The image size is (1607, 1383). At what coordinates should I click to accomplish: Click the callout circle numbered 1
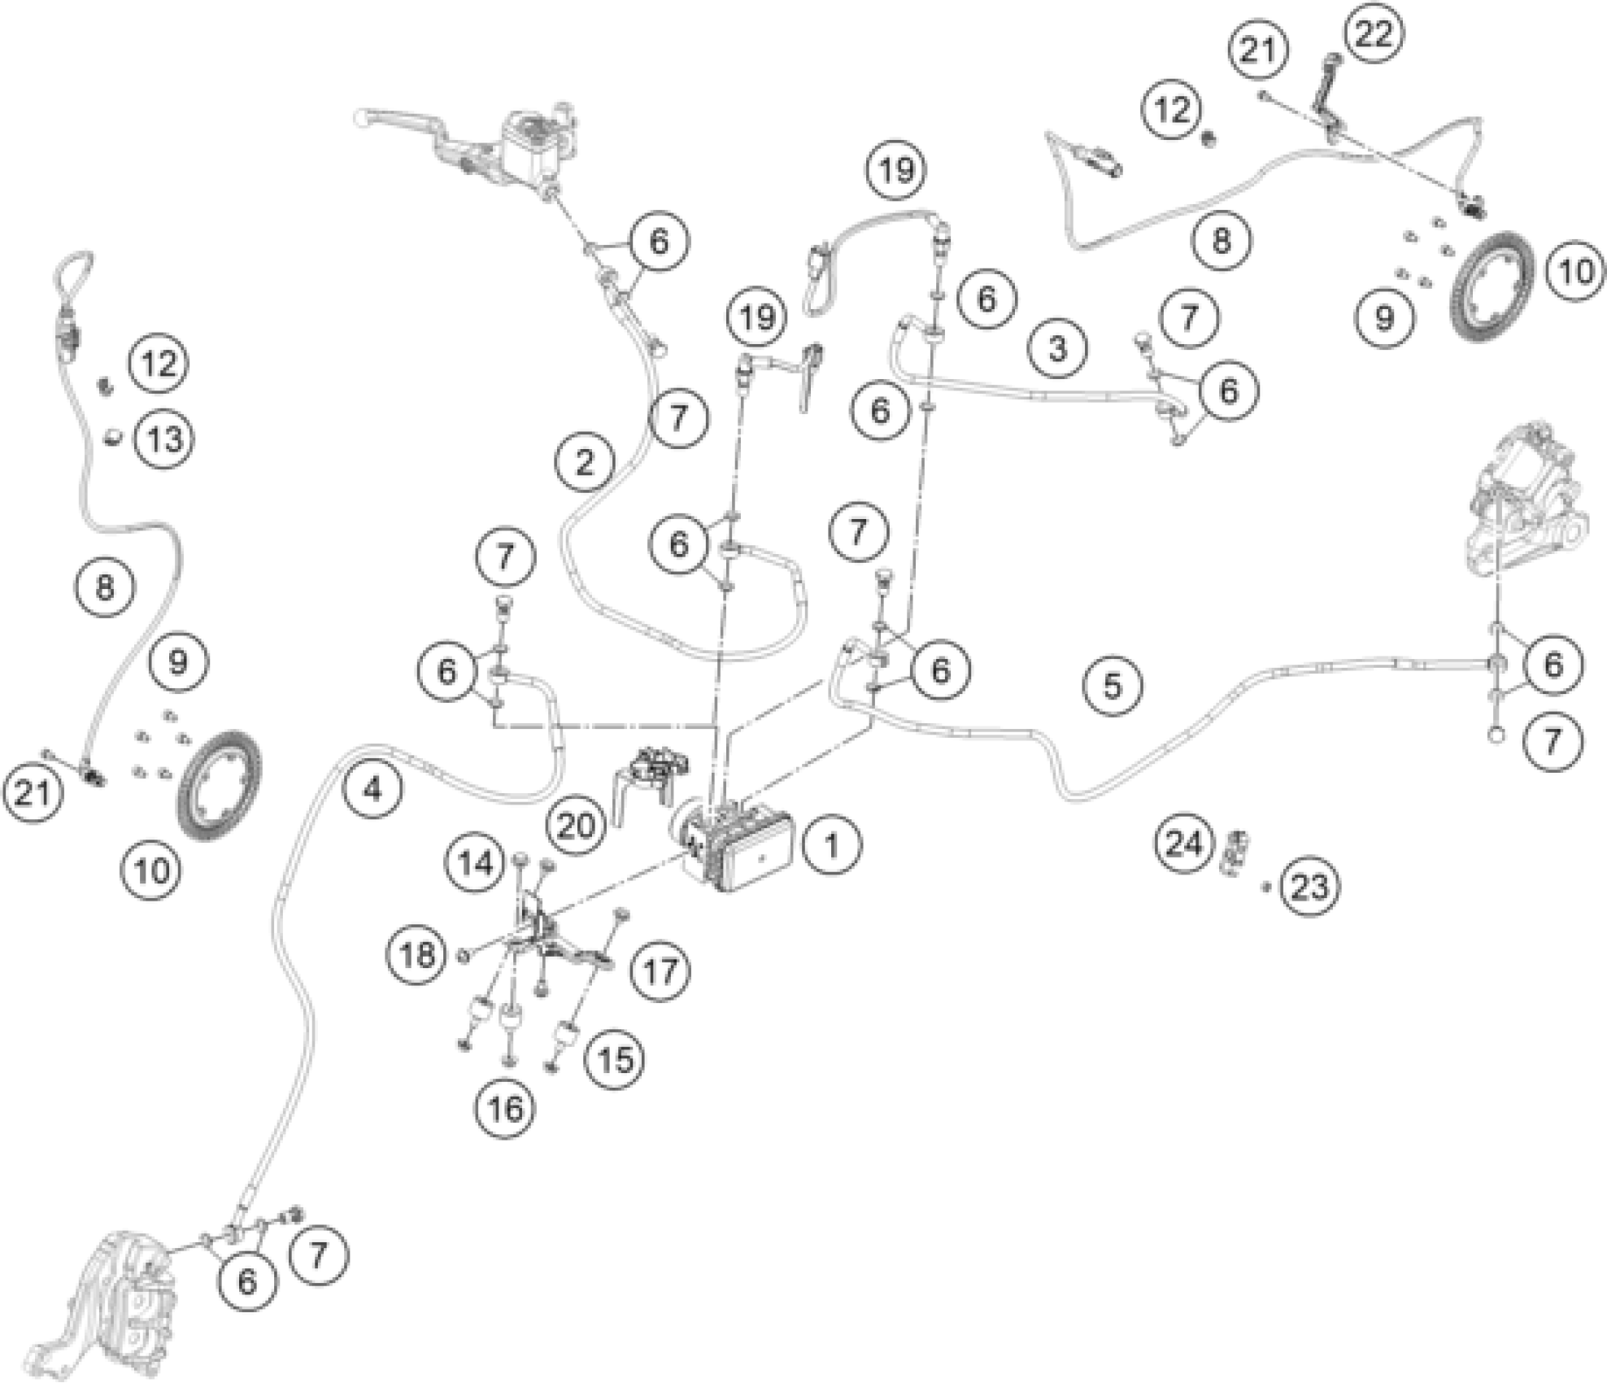[831, 845]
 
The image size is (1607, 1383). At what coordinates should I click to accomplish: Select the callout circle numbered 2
[585, 462]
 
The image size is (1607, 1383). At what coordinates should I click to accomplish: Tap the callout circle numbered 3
[1056, 348]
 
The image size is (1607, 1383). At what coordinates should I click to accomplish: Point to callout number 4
[372, 787]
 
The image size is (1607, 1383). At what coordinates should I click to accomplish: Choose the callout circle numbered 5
[1113, 685]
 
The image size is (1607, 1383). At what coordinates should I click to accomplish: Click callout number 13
[165, 439]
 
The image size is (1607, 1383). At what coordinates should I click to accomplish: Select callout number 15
[615, 1058]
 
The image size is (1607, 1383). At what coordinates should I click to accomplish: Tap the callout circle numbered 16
[505, 1107]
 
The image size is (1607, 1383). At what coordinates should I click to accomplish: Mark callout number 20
[576, 825]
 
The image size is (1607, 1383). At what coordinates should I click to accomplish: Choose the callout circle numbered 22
[1374, 34]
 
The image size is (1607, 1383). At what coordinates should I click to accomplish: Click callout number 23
[1309, 886]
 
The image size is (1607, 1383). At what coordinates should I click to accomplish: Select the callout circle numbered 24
[1183, 843]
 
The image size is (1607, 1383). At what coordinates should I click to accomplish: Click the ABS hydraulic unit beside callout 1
[736, 846]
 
